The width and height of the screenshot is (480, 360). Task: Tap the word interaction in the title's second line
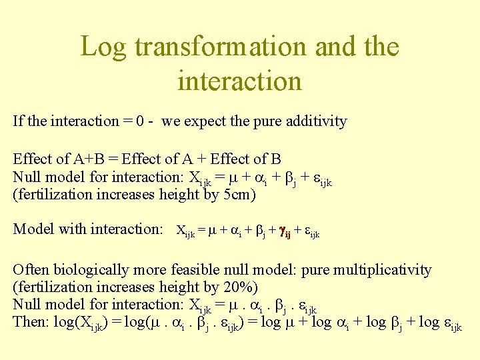tap(239, 81)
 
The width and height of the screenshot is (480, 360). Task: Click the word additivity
tap(314, 121)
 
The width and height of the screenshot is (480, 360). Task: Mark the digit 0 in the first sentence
tap(140, 121)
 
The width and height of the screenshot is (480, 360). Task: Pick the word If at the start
tap(18, 121)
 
